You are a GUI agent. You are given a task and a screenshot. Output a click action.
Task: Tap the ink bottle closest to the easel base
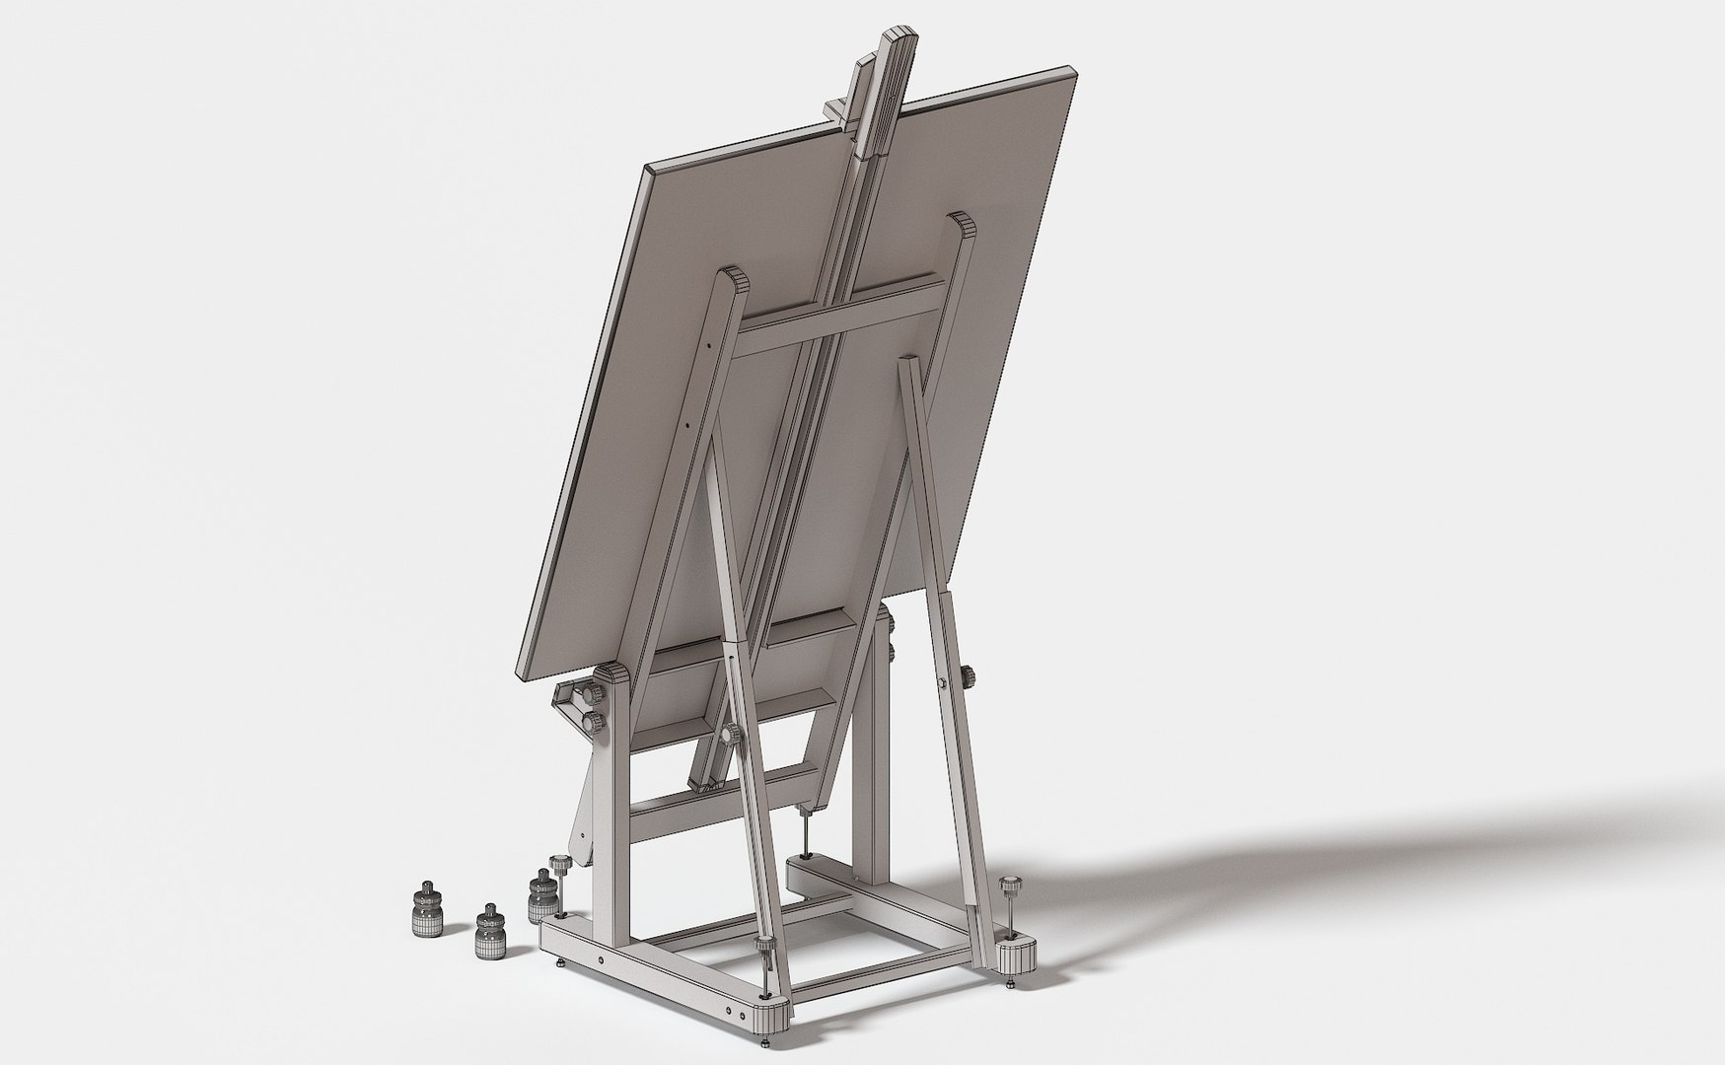click(539, 896)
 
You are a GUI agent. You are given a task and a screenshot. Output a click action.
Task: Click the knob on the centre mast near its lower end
click(732, 735)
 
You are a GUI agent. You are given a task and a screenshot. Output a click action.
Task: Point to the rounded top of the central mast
click(901, 39)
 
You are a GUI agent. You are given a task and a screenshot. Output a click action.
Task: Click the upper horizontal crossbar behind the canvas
click(838, 314)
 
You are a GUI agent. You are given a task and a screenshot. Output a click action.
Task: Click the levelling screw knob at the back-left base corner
click(560, 865)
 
